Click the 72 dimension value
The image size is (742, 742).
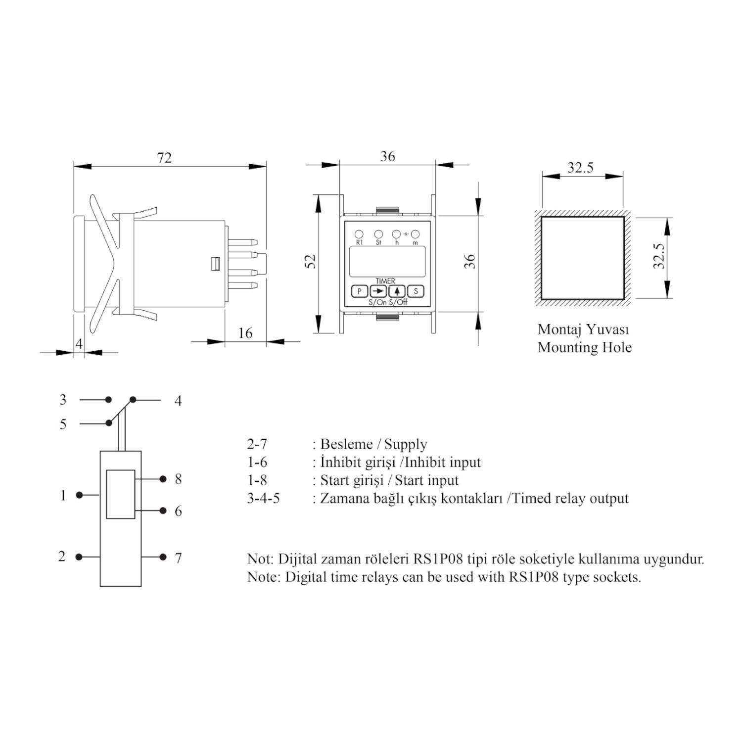point(164,157)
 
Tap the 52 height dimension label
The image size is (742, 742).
point(311,261)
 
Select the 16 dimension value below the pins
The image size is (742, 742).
point(245,333)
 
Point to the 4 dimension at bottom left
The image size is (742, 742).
point(79,343)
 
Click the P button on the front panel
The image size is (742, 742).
point(360,291)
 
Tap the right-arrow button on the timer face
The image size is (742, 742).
point(378,291)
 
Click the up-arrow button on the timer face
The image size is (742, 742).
point(397,291)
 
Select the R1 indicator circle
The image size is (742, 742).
point(359,234)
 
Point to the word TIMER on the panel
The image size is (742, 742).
point(385,281)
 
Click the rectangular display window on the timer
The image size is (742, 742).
point(387,261)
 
